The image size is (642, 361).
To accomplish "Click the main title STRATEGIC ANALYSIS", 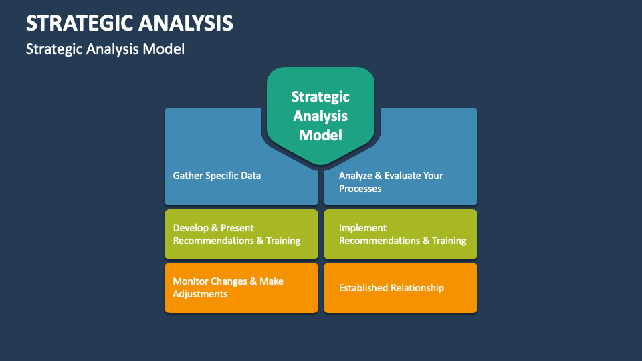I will [130, 23].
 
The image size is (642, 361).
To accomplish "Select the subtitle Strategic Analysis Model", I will [105, 49].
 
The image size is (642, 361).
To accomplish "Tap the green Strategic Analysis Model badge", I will [320, 115].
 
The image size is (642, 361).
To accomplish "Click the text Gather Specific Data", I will [217, 176].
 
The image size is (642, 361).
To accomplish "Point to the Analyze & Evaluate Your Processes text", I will [391, 182].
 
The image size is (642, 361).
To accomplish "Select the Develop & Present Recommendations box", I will [241, 234].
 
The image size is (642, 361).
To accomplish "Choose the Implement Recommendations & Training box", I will [401, 234].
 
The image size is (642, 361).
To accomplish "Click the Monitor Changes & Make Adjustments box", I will [241, 287].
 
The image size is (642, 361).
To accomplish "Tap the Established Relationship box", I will [401, 287].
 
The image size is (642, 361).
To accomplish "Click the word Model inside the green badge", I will [320, 135].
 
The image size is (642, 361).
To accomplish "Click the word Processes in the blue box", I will [360, 189].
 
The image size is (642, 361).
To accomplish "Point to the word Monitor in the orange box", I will [191, 281].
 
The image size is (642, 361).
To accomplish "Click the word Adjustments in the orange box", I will [200, 294].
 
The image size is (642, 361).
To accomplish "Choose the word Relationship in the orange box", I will [417, 288].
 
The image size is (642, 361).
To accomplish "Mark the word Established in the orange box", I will [363, 288].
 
